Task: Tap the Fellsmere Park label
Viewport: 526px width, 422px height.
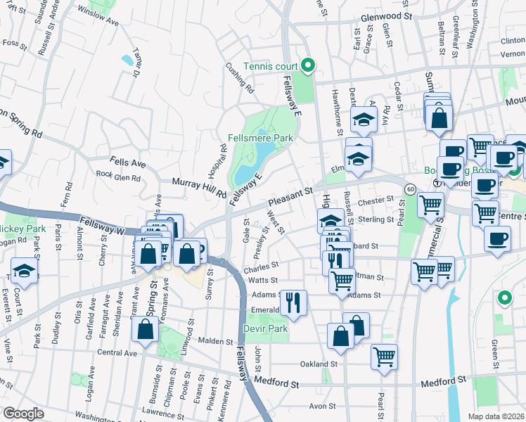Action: pos(260,139)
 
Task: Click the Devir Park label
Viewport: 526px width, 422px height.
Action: pos(266,328)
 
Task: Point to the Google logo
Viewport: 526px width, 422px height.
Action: pos(23,413)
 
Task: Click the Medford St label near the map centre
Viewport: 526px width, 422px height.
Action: pos(277,385)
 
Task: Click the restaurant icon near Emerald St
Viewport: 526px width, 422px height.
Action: pos(293,302)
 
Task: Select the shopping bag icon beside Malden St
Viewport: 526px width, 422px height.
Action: pos(145,330)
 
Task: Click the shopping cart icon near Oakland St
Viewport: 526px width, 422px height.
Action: pos(384,357)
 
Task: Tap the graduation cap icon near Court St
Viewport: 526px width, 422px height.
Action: pos(24,271)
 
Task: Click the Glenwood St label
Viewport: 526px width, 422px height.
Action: pos(385,15)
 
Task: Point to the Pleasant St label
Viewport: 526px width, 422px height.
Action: pos(289,193)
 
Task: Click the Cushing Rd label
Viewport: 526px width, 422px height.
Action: pos(240,79)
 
